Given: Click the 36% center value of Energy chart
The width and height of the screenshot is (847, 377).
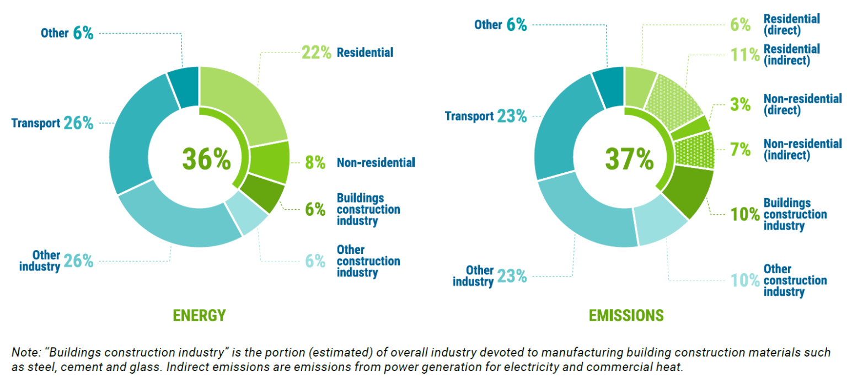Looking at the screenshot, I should pyautogui.click(x=206, y=159).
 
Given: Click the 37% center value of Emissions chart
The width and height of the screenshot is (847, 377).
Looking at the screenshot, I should pyautogui.click(x=629, y=159).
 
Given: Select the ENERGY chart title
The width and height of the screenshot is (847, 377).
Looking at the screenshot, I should pyautogui.click(x=199, y=315).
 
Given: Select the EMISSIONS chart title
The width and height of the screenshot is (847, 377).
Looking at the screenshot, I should pyautogui.click(x=626, y=315).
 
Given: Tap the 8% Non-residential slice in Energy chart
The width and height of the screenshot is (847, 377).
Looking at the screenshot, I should pyautogui.click(x=270, y=161).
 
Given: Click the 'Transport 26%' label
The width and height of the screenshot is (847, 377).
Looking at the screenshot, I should pyautogui.click(x=52, y=123).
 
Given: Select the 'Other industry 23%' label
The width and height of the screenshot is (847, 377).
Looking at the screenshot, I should pyautogui.click(x=489, y=276).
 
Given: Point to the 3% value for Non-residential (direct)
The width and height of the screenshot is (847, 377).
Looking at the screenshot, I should pyautogui.click(x=739, y=104).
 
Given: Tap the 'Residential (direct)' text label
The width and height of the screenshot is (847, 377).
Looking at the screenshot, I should pyautogui.click(x=791, y=24).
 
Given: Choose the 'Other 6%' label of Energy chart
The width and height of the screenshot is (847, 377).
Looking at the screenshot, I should pyautogui.click(x=67, y=33).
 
